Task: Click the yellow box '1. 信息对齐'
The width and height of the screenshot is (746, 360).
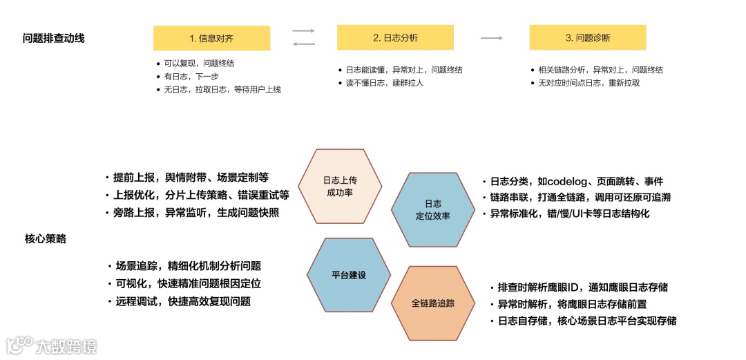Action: (211, 38)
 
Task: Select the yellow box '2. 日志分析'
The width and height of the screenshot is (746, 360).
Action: (395, 38)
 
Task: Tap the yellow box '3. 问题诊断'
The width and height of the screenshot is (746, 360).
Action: (587, 38)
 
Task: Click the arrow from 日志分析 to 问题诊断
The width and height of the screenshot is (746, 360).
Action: (491, 38)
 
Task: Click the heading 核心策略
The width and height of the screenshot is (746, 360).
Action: (46, 239)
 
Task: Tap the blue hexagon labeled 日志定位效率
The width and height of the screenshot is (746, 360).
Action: (433, 209)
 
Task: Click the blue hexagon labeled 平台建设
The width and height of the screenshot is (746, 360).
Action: (348, 274)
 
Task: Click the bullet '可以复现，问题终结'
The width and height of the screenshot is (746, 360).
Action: (200, 63)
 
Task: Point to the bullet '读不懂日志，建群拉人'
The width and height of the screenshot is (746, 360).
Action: (384, 83)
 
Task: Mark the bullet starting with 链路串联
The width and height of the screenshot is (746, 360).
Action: (580, 197)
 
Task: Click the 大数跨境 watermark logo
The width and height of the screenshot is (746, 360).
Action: (52, 344)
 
